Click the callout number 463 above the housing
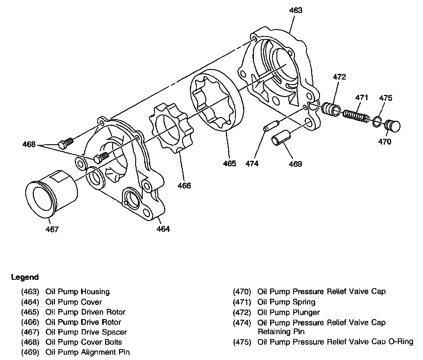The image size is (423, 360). [x=296, y=10]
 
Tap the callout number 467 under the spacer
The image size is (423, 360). [x=52, y=229]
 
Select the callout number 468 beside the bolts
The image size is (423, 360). [x=29, y=145]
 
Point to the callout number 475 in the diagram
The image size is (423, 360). [x=385, y=98]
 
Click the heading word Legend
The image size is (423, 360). [x=25, y=277]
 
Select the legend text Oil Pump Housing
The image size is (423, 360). [x=78, y=291]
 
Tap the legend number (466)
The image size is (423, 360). [x=30, y=322]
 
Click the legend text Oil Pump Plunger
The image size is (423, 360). [x=288, y=313]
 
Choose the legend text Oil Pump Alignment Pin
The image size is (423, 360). [x=87, y=352]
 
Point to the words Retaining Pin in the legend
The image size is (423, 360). [x=281, y=332]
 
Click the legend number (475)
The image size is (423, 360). [x=242, y=342]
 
